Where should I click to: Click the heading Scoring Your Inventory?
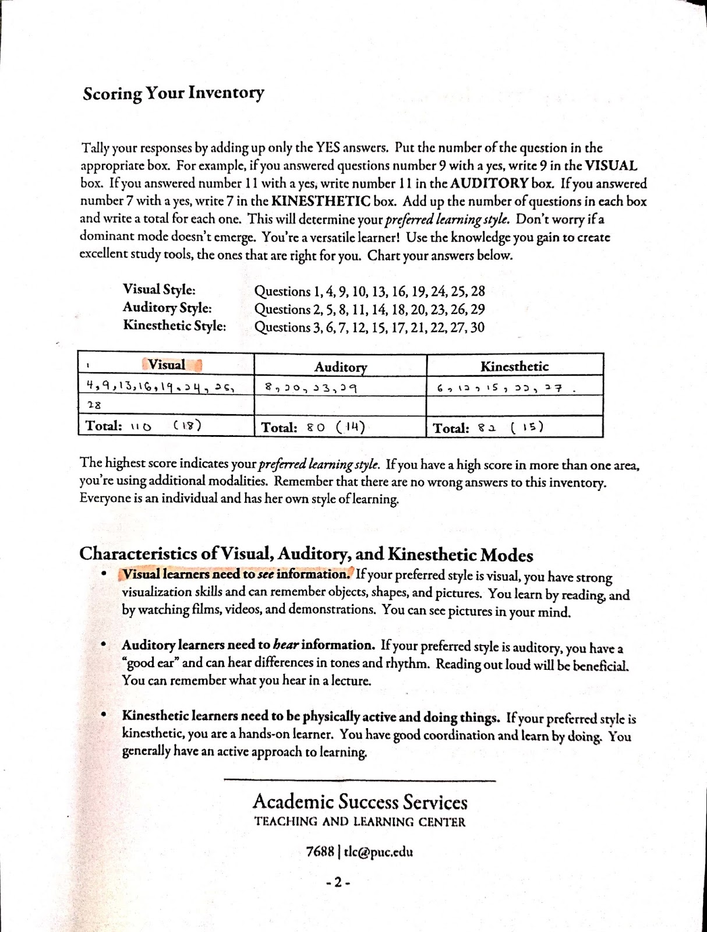[x=174, y=93]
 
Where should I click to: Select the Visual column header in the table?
[x=167, y=365]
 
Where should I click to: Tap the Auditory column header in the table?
[x=341, y=367]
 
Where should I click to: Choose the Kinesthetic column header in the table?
[x=514, y=366]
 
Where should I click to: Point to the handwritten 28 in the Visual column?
[x=93, y=405]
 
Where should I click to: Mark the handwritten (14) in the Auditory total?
[x=351, y=427]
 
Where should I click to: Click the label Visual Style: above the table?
[x=159, y=290]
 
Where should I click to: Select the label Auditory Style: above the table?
[x=167, y=308]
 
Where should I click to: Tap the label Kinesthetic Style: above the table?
[x=174, y=326]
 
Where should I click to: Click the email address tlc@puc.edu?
[x=379, y=851]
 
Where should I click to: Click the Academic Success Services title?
[x=360, y=802]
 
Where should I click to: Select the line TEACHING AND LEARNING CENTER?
[x=360, y=822]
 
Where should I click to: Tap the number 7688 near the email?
[x=319, y=851]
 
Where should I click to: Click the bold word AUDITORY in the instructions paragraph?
[x=490, y=183]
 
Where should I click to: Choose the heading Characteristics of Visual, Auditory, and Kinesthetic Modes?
[x=306, y=554]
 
